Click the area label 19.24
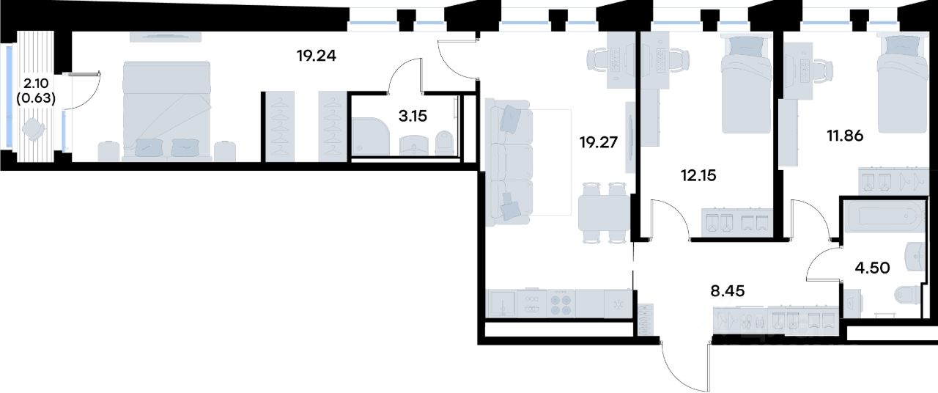316,55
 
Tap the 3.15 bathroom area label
413,116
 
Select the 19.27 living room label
599,142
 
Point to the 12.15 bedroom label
698,175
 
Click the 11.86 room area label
845,136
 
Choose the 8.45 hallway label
728,291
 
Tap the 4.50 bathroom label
872,268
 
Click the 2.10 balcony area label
36,84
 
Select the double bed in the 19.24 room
166,111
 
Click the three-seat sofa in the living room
509,163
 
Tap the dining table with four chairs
604,213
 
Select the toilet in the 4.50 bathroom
908,295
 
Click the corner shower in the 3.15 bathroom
371,136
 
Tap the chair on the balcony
34,128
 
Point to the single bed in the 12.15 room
746,84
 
